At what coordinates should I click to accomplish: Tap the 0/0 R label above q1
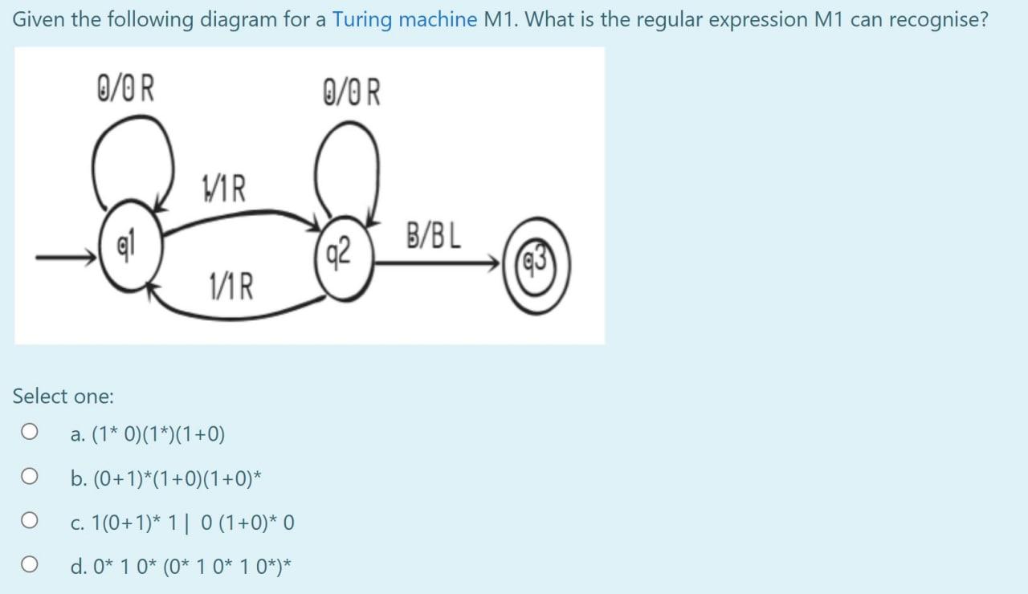tap(126, 90)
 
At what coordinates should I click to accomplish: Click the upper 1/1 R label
tap(224, 190)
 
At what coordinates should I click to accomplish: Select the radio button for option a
tap(30, 433)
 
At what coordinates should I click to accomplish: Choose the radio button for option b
tap(30, 478)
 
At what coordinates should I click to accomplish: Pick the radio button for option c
tap(30, 523)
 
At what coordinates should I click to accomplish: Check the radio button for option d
tap(30, 567)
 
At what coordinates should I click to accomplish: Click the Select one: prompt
tap(63, 396)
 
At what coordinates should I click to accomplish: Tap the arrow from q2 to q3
tap(438, 261)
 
